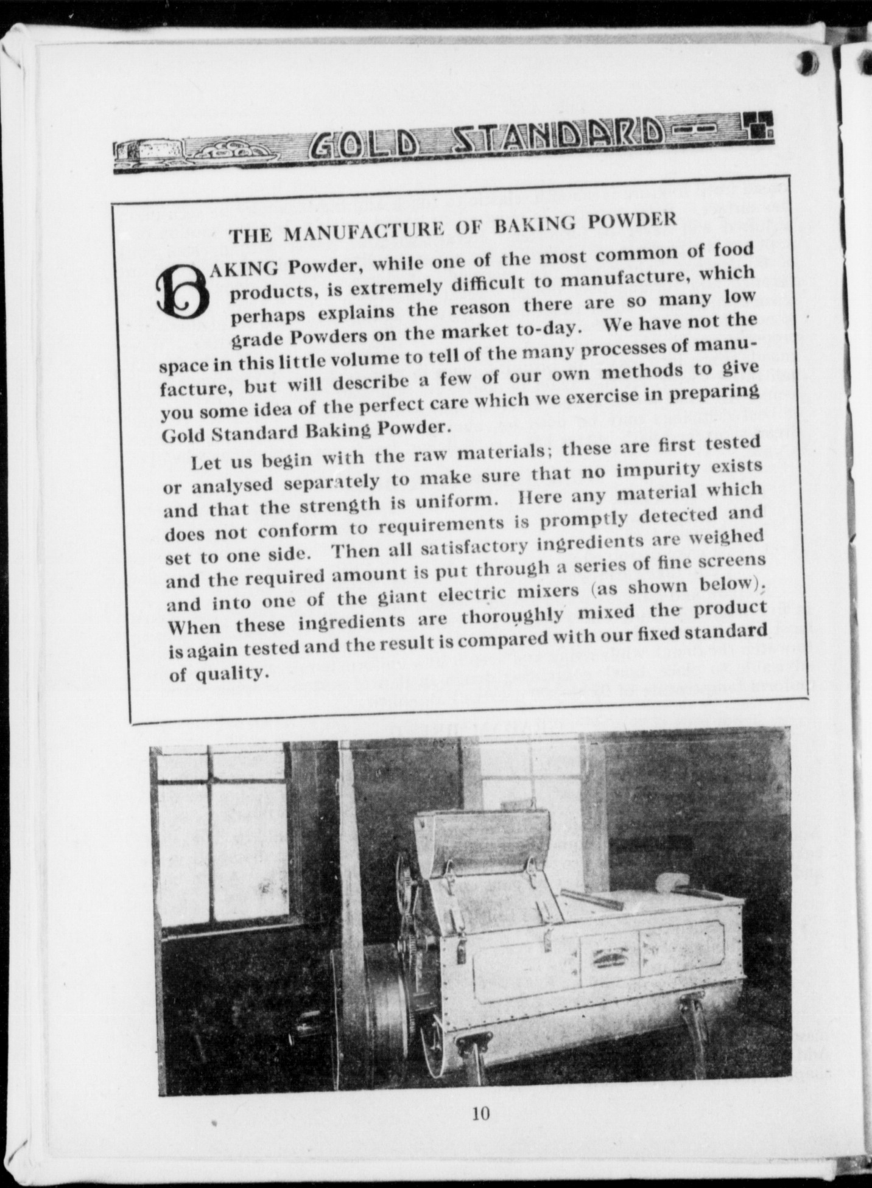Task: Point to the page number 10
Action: pos(480,1113)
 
